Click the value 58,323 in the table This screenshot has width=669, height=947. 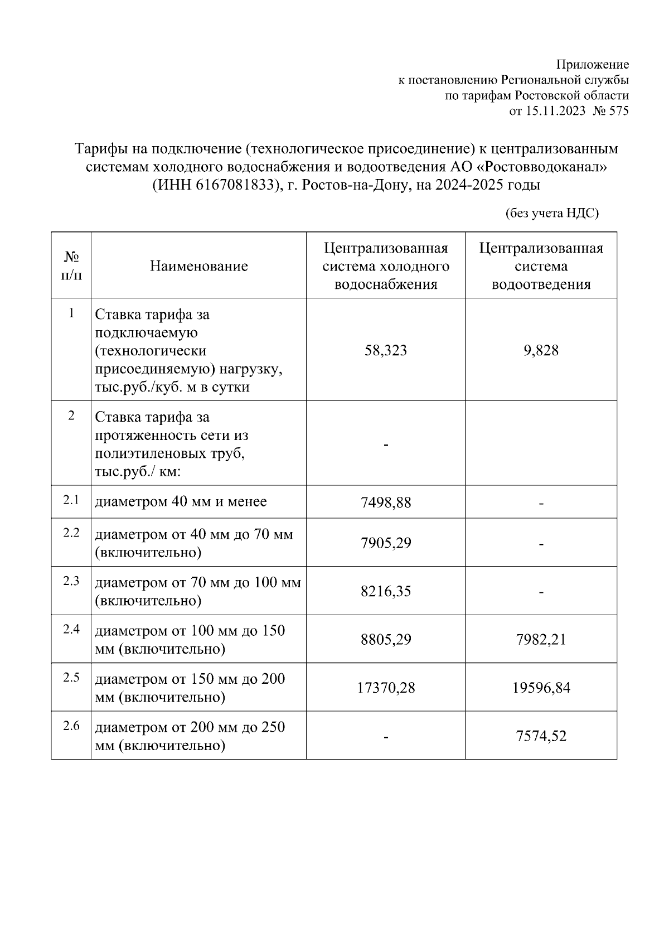tap(386, 350)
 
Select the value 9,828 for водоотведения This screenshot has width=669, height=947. tap(541, 350)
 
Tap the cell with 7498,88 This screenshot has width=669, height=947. tap(386, 503)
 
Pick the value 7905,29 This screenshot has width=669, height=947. tap(386, 543)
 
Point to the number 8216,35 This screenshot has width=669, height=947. tap(386, 591)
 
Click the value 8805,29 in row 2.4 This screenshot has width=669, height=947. tap(386, 639)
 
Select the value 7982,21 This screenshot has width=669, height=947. tap(541, 639)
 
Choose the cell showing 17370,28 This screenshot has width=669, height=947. tap(386, 688)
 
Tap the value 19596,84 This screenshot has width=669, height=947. tap(541, 688)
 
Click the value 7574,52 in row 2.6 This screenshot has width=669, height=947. tap(541, 736)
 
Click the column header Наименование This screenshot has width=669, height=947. tap(198, 266)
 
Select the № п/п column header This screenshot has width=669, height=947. tap(71, 266)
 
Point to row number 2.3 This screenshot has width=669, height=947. tap(71, 581)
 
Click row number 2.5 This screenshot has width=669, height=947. tap(71, 677)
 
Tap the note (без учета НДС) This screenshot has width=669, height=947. tap(551, 213)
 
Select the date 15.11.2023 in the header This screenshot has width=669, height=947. tap(555, 111)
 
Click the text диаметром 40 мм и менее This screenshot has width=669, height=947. tap(181, 501)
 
